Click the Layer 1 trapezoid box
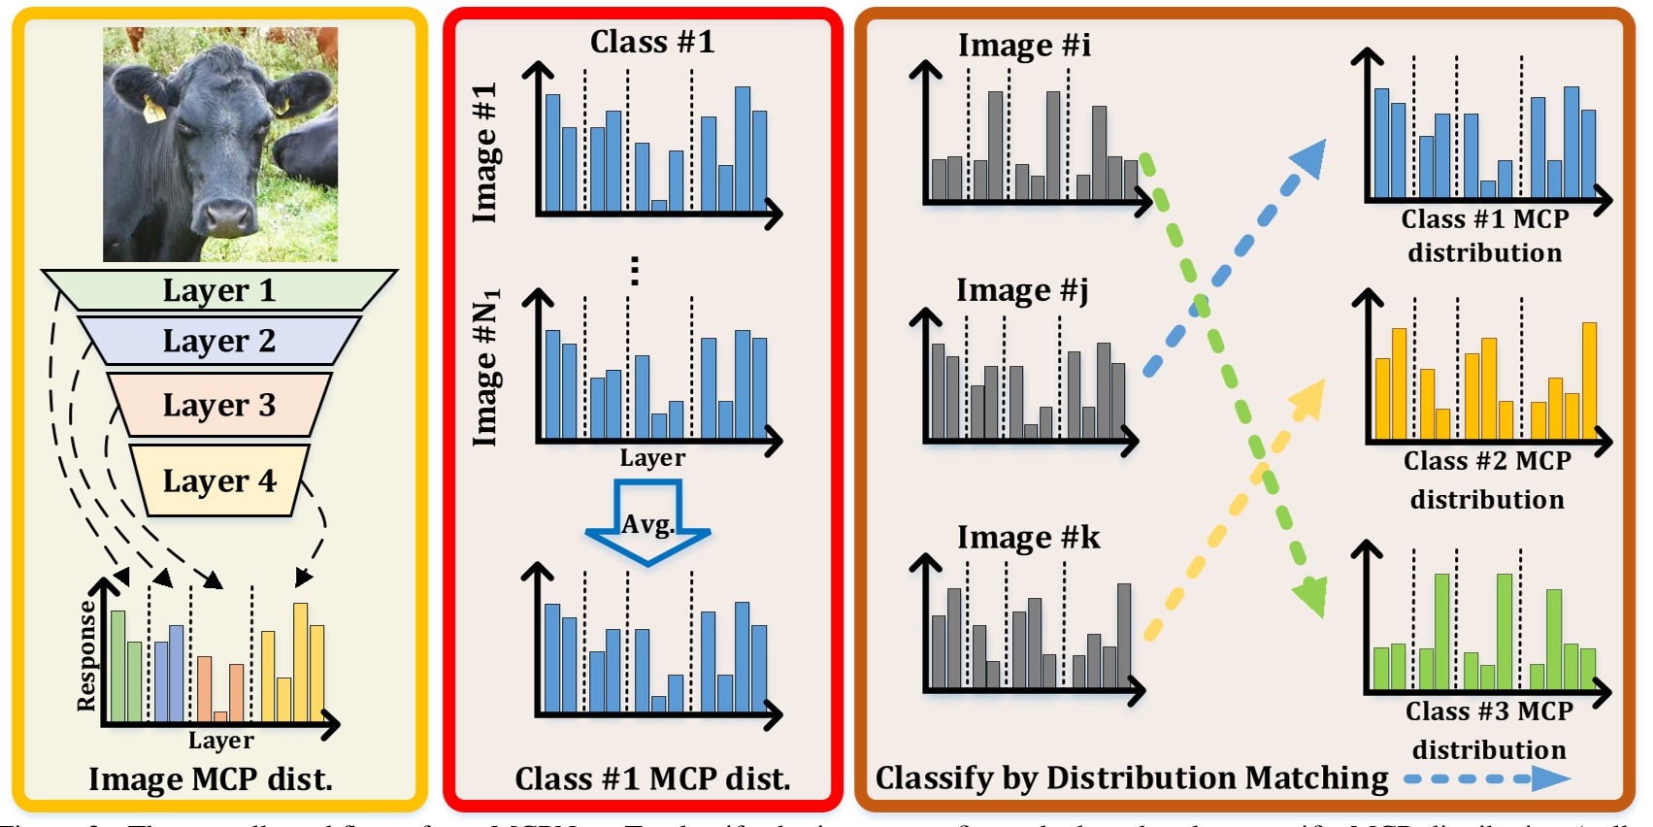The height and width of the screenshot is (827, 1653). click(x=219, y=290)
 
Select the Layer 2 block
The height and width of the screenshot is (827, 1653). click(x=219, y=341)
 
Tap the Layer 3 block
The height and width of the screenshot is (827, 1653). click(x=219, y=404)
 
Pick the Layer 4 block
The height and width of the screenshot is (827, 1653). click(x=219, y=480)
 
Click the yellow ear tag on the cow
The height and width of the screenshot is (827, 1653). click(x=153, y=111)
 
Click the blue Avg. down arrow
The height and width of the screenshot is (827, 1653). click(x=647, y=524)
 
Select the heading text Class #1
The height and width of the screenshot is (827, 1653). click(x=652, y=42)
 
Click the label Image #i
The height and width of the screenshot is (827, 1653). click(x=1024, y=45)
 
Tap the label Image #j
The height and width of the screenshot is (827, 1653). click(x=1021, y=290)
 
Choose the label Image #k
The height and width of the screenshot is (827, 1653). click(x=1028, y=537)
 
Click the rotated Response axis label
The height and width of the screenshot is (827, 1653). click(x=86, y=655)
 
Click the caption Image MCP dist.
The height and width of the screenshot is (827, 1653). click(x=211, y=778)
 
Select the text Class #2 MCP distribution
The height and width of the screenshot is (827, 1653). click(x=1487, y=480)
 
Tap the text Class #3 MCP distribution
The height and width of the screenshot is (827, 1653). click(x=1489, y=730)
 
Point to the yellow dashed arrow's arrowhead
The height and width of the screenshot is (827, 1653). click(x=1309, y=397)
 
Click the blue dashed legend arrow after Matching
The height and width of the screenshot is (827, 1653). click(x=1487, y=778)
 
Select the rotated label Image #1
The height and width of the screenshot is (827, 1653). click(x=484, y=152)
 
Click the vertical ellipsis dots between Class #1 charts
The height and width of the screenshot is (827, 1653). click(x=635, y=270)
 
